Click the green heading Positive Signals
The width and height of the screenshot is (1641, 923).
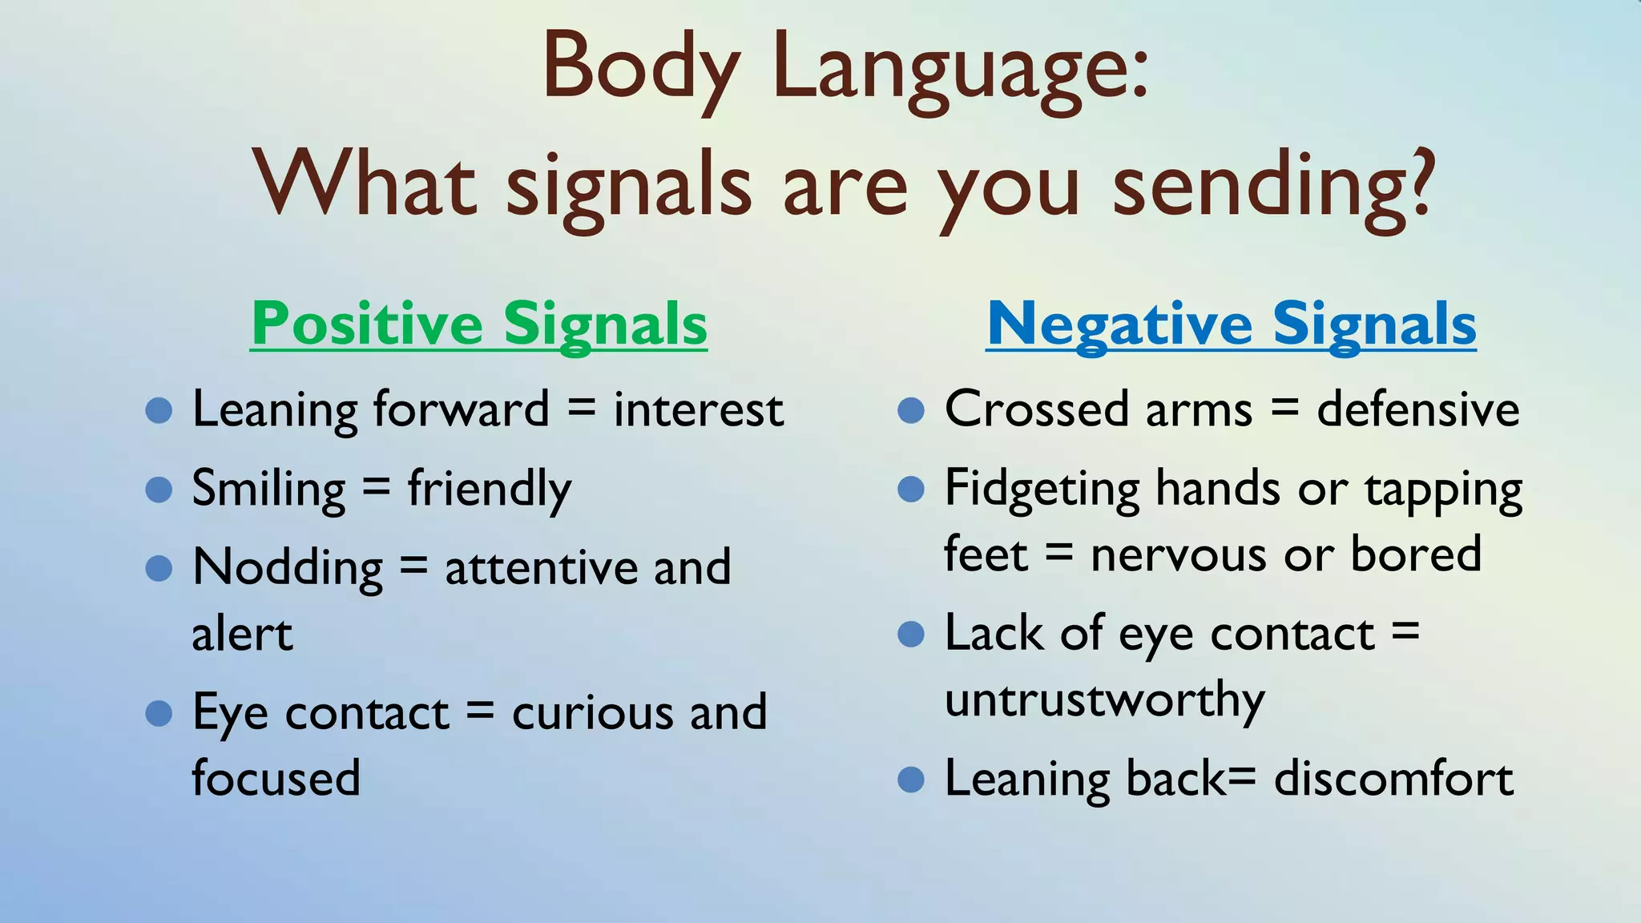[478, 324]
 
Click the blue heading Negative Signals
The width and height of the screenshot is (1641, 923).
[1231, 324]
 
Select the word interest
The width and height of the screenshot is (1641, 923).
[698, 410]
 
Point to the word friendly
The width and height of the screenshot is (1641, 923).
[489, 489]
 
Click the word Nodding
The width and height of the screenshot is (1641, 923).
[288, 568]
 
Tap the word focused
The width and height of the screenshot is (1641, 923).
[276, 778]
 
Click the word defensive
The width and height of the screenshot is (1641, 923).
[1417, 410]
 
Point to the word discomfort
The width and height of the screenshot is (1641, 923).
[1393, 778]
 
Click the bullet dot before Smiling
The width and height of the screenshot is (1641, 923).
[159, 490]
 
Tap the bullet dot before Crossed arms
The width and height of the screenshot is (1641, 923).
[911, 411]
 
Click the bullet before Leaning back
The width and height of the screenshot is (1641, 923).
[911, 779]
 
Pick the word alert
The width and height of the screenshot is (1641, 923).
[242, 635]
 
